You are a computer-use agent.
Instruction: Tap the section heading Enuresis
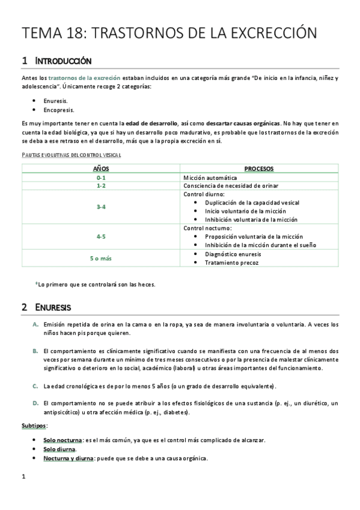pyautogui.click(x=53, y=307)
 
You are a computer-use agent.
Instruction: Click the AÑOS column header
pyautogui.click(x=100, y=169)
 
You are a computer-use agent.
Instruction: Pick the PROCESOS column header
pyautogui.click(x=260, y=169)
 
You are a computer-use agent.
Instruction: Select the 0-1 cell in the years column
pyautogui.click(x=100, y=178)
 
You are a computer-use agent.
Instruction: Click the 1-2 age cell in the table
pyautogui.click(x=100, y=186)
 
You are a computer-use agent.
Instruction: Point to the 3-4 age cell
pyautogui.click(x=100, y=207)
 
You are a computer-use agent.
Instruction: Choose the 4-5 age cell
pyautogui.click(x=100, y=236)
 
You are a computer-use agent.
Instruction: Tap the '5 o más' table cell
pyautogui.click(x=100, y=258)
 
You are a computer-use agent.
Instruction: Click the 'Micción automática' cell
pyautogui.click(x=210, y=178)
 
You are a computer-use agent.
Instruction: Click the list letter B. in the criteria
pyautogui.click(x=35, y=351)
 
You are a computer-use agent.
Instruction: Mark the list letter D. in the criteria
pyautogui.click(x=35, y=403)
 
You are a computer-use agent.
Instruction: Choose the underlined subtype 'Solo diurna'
pyautogui.click(x=59, y=449)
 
